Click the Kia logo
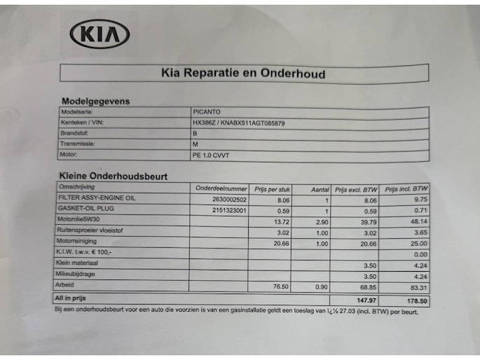[x=100, y=34]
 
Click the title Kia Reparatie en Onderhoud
[x=243, y=74]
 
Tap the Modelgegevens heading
[x=96, y=102]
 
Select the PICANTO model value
[x=207, y=112]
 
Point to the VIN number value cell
[x=239, y=123]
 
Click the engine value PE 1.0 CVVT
[x=211, y=155]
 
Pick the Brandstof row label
[x=74, y=133]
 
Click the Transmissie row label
[x=78, y=144]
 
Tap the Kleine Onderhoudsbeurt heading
[x=114, y=176]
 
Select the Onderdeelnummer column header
[x=221, y=188]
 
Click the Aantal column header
[x=320, y=190]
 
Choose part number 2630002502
[x=229, y=200]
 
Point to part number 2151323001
[x=229, y=210]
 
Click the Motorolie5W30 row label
[x=78, y=219]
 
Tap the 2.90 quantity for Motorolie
[x=322, y=222]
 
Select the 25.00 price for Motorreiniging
[x=419, y=244]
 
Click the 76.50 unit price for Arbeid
[x=281, y=286]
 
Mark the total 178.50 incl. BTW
[x=417, y=301]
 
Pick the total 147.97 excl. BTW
[x=366, y=300]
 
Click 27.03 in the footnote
[x=347, y=311]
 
